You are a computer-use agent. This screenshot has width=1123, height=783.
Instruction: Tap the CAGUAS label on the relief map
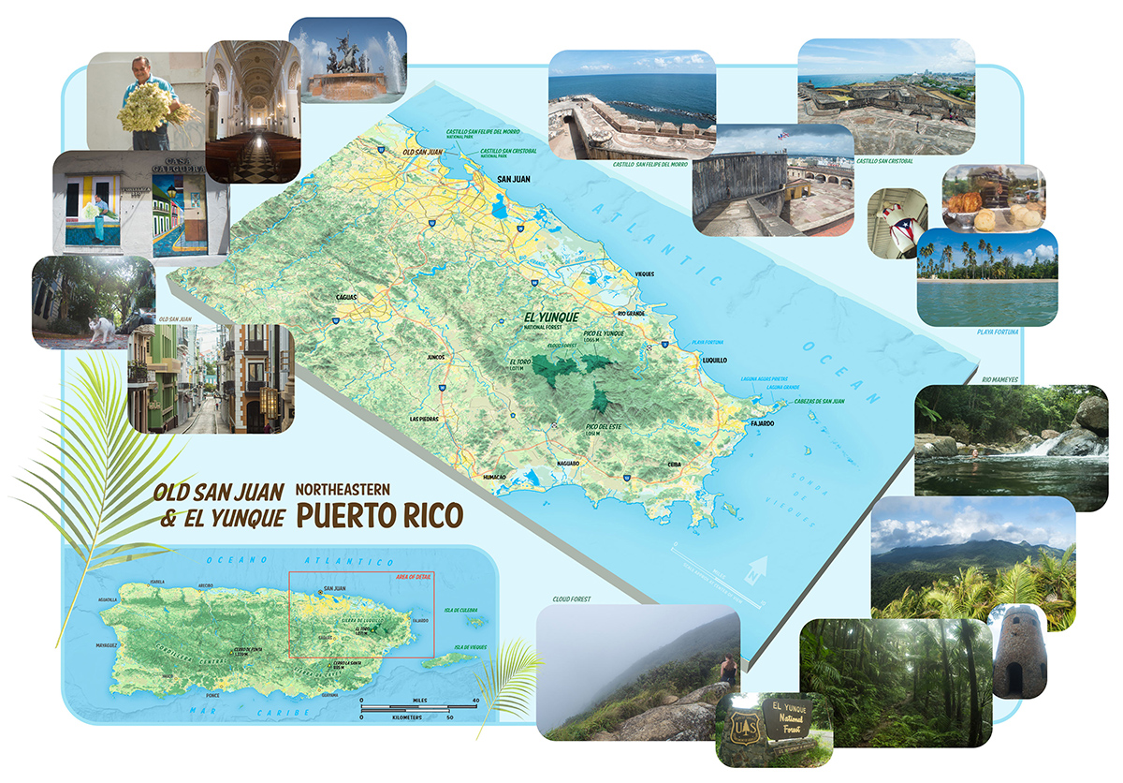pyautogui.click(x=348, y=297)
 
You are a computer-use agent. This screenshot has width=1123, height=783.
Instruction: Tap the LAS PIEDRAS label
pyautogui.click(x=426, y=419)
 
